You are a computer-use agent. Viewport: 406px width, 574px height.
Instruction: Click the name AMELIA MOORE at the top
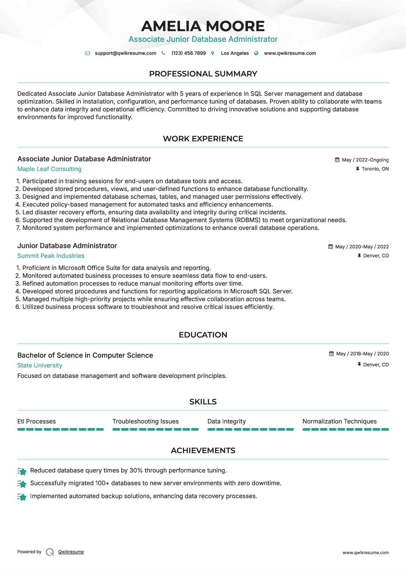(x=203, y=26)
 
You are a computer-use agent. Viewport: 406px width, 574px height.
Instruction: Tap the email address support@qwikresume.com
(x=125, y=53)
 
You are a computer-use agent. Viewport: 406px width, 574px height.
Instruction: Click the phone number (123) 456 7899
(x=188, y=53)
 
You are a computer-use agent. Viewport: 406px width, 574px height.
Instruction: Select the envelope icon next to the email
(x=87, y=53)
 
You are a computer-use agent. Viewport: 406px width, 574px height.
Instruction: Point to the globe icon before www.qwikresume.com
(x=256, y=53)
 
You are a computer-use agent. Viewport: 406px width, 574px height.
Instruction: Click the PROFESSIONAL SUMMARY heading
(x=203, y=74)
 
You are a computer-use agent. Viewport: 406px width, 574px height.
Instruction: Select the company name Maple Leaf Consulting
(x=49, y=169)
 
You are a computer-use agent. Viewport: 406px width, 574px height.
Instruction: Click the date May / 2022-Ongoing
(x=365, y=160)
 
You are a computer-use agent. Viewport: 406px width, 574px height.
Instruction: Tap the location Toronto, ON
(x=375, y=169)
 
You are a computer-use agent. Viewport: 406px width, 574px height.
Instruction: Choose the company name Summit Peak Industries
(x=51, y=256)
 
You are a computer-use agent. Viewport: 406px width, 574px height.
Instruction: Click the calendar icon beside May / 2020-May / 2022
(x=330, y=247)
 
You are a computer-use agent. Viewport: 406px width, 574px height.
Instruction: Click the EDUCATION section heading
(x=203, y=335)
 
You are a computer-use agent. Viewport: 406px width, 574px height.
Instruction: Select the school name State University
(x=40, y=365)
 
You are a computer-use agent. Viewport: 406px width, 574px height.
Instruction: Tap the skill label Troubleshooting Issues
(x=145, y=421)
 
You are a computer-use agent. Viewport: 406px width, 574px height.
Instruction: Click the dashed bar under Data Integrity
(x=250, y=429)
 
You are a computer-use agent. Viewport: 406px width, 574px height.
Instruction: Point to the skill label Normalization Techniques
(x=339, y=421)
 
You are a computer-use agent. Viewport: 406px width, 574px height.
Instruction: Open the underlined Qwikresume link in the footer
(x=71, y=552)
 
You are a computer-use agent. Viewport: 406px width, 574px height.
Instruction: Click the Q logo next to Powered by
(x=50, y=552)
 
